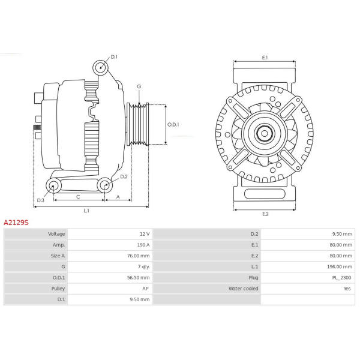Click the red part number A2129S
click(x=16, y=223)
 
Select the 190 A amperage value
click(x=143, y=245)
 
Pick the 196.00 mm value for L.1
click(x=340, y=267)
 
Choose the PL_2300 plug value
click(x=341, y=278)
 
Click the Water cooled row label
click(x=244, y=289)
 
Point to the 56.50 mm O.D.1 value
click(x=138, y=278)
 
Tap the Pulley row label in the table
click(x=58, y=289)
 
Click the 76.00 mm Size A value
click(x=138, y=256)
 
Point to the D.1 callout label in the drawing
click(x=114, y=57)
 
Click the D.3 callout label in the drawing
click(x=40, y=200)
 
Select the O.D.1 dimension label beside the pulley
click(x=173, y=125)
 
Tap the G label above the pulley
click(x=139, y=86)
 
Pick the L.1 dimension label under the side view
click(x=86, y=211)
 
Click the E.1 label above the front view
click(x=265, y=58)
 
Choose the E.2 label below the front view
click(x=265, y=214)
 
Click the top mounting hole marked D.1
click(x=101, y=68)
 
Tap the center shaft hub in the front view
click(x=265, y=133)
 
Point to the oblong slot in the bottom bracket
click(x=265, y=194)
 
